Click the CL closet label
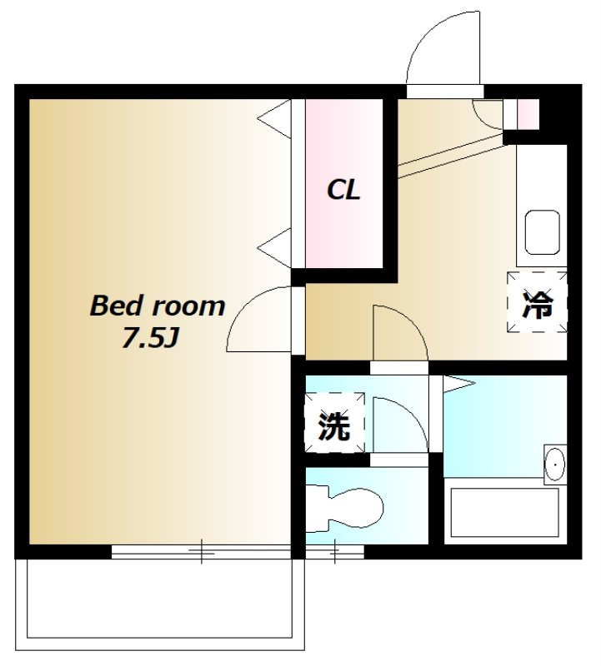343,191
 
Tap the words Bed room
157,306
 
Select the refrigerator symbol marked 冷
538,301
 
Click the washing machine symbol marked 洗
334,427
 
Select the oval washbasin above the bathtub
554,464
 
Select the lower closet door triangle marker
275,247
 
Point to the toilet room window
335,550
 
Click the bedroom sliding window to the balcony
202,550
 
